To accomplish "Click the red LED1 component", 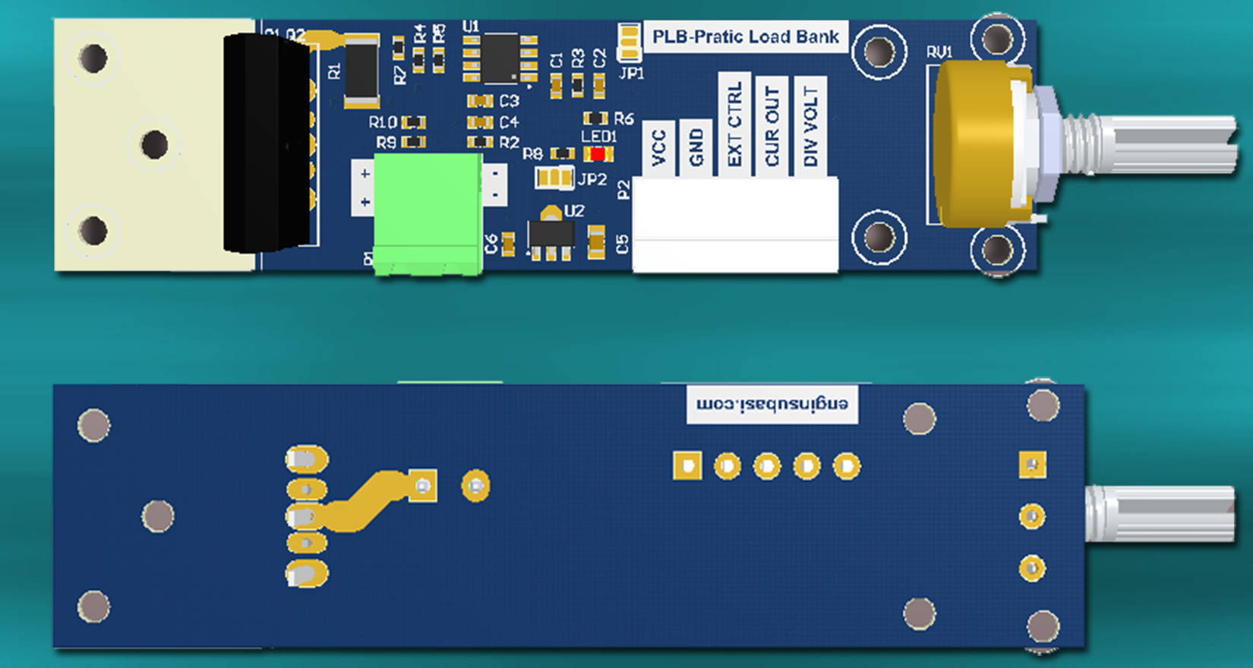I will click(x=598, y=154).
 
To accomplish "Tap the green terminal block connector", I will click(x=428, y=212).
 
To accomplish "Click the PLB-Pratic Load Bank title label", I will click(x=745, y=36).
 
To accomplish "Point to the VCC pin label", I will click(x=658, y=147).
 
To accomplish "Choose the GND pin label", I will click(x=696, y=147).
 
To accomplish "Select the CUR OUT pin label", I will click(x=772, y=125).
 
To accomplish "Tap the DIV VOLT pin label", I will click(x=810, y=125).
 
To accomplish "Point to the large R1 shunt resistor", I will click(x=361, y=73).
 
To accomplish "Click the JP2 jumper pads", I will click(x=554, y=178).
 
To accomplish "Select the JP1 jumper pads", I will click(x=630, y=43).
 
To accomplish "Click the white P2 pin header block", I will click(x=735, y=224).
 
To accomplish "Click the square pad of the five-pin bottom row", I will click(x=687, y=465).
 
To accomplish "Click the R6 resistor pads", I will click(x=595, y=118).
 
